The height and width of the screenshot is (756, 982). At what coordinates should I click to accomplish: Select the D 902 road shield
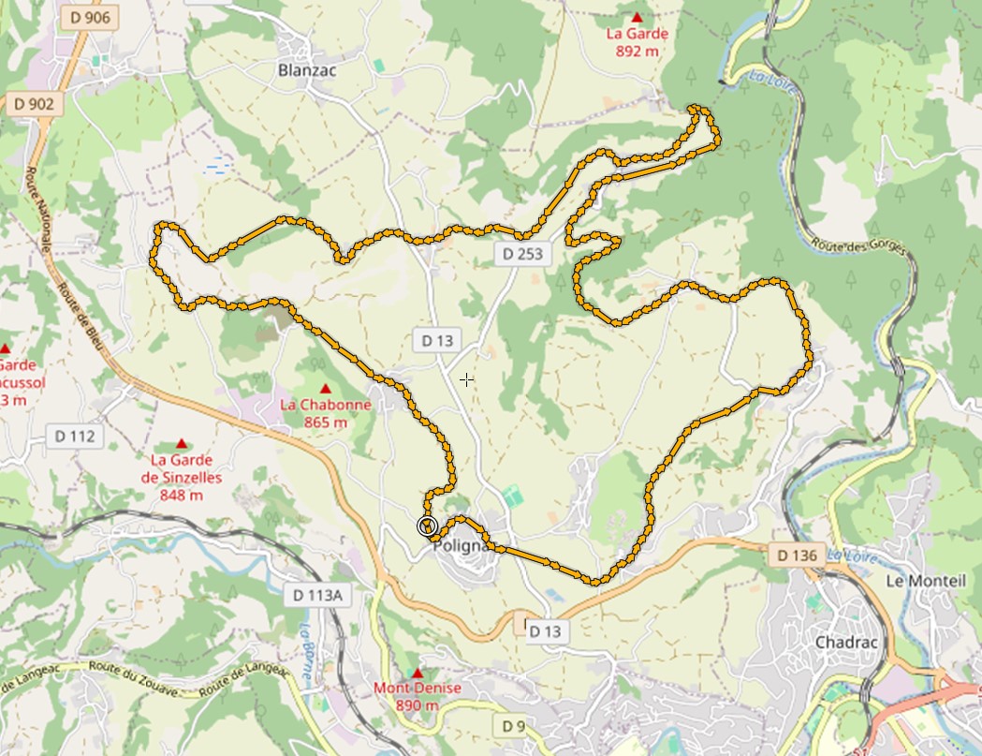(x=34, y=103)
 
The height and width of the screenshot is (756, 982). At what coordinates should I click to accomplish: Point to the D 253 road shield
(x=521, y=253)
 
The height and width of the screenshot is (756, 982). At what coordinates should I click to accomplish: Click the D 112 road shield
(x=75, y=436)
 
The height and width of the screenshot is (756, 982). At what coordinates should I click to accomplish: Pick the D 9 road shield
(x=513, y=725)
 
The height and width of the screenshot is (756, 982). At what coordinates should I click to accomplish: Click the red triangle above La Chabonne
(x=326, y=388)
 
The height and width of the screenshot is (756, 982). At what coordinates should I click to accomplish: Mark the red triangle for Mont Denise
(x=418, y=673)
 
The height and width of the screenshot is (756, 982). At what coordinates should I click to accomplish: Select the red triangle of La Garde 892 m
(x=637, y=17)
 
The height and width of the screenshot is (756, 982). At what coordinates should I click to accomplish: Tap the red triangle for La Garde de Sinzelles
(x=181, y=443)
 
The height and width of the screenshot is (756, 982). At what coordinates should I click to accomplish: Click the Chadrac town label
(x=845, y=643)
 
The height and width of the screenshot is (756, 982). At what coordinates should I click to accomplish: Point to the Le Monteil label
(x=925, y=581)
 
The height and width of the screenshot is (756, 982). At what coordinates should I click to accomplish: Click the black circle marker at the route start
(x=428, y=526)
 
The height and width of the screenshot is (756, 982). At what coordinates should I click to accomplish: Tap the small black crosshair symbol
(x=466, y=379)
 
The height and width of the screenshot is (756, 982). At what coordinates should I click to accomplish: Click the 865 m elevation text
(x=326, y=422)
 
